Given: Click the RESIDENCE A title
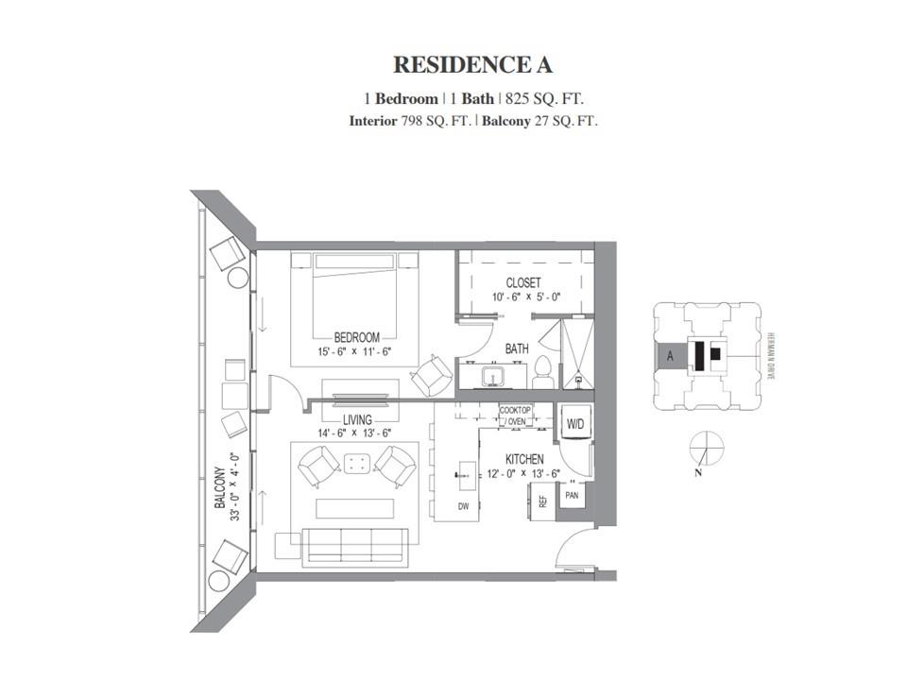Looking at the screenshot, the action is pos(472,65).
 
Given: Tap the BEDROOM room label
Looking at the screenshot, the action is pos(357,338).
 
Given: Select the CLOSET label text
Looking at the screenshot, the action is pos(523,282).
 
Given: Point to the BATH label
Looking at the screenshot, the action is pos(517,348).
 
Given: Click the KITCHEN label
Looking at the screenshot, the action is pos(524,459).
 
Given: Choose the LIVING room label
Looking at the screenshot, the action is pos(357,420).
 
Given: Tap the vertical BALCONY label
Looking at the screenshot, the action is pos(220,487).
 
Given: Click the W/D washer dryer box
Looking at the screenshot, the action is pos(575,424).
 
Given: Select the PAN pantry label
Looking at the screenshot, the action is pos(572,496).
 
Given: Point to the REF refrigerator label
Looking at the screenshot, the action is pos(542,501).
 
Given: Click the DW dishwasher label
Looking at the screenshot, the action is pos(463,506).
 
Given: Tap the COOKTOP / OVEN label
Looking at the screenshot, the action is pos(515,416).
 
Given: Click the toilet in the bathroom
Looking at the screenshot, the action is pos(543,372).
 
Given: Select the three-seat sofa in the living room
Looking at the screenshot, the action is pos(354,545).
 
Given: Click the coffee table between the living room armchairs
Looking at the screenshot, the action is pos(357,464).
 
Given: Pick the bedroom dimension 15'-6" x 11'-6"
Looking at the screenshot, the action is pos(354,351).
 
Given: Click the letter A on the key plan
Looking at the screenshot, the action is pos(670,356).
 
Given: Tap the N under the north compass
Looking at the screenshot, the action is pos(698,472).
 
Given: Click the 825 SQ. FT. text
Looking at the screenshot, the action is pos(544,99).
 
